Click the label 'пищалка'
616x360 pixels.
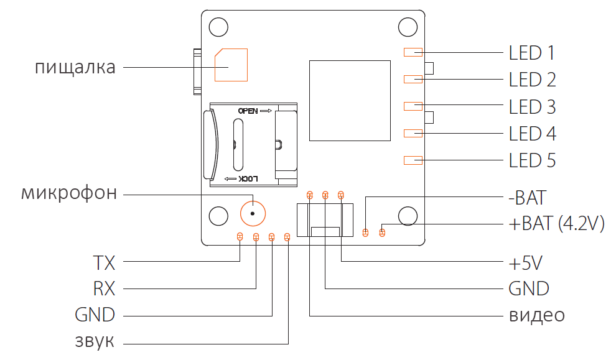[x=75, y=67]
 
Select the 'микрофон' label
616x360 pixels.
[x=69, y=193]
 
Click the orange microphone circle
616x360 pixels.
[x=253, y=213]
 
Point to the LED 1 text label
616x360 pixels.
[x=532, y=53]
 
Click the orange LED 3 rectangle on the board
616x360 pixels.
[x=413, y=106]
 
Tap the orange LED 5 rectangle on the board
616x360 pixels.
[x=413, y=160]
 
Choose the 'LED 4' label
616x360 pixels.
[x=532, y=134]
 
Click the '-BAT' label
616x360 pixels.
[x=528, y=198]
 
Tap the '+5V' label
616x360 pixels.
[x=526, y=263]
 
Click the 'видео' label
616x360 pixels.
[x=537, y=315]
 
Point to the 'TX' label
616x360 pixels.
[x=104, y=263]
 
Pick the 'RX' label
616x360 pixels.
[x=104, y=288]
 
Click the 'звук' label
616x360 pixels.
[x=95, y=341]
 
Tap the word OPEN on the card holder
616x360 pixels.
[x=247, y=111]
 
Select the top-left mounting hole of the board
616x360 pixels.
[x=218, y=27]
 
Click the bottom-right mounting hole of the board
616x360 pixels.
[x=407, y=216]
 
